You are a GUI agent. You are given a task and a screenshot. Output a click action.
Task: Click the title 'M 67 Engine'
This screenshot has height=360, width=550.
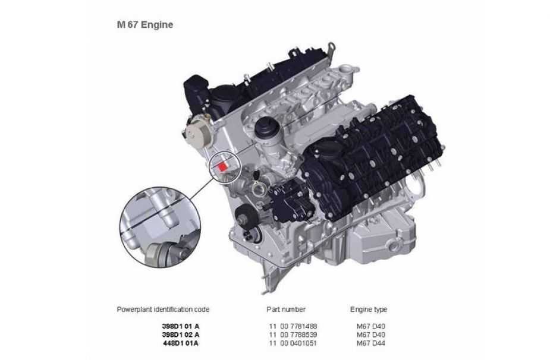pos(145,24)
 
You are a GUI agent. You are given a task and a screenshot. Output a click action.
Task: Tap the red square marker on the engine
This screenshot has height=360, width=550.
pos(222,166)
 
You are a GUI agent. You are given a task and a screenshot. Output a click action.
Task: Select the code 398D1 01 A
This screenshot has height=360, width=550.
pos(181,326)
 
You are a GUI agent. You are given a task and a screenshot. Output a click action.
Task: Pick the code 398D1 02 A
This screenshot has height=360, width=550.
pos(181,335)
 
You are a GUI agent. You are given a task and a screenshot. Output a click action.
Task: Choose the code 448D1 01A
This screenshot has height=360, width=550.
pos(181,343)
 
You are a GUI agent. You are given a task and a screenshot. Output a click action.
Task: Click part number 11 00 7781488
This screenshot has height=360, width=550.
pos(293,326)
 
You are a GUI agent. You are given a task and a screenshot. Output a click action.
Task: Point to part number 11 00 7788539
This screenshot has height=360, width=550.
pos(293,335)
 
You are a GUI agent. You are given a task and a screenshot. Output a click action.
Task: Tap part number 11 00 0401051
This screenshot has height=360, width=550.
pos(293,343)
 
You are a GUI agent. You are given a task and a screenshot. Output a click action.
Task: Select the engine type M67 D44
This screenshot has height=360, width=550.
pos(371,343)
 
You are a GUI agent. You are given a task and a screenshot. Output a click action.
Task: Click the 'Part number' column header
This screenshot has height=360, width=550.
pos(286,310)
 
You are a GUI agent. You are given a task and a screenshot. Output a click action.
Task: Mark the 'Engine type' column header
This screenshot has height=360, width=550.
pos(369,310)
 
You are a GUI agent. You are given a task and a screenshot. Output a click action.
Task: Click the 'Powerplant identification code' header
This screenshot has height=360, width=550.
pos(163,310)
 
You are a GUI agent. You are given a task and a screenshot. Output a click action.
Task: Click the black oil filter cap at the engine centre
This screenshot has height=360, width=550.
pos(268,128)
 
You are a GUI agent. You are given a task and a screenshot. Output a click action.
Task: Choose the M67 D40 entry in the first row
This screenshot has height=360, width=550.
pos(371,326)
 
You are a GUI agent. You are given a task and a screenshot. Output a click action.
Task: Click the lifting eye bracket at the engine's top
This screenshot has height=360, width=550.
pos(331,48)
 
